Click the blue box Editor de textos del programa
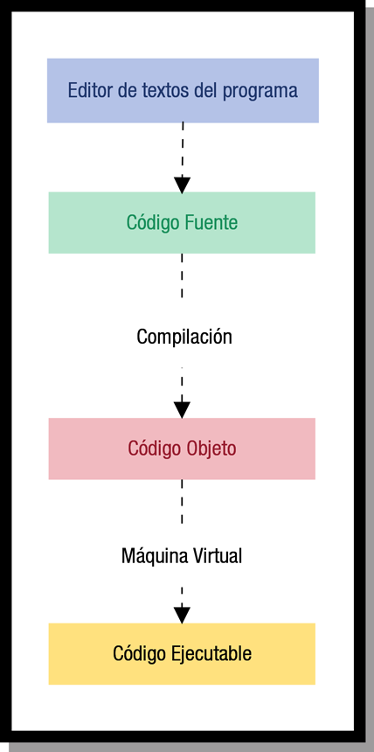point(183,90)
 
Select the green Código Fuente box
point(182,222)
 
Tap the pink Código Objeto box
point(182,449)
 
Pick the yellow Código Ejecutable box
point(182,653)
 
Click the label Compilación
point(184,337)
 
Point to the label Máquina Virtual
point(182,555)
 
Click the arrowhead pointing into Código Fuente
point(182,185)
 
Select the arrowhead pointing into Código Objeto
point(182,409)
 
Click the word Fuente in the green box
point(211,222)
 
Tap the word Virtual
point(213,555)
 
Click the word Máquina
point(151,555)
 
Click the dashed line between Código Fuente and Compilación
point(182,275)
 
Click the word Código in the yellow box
point(140,653)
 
